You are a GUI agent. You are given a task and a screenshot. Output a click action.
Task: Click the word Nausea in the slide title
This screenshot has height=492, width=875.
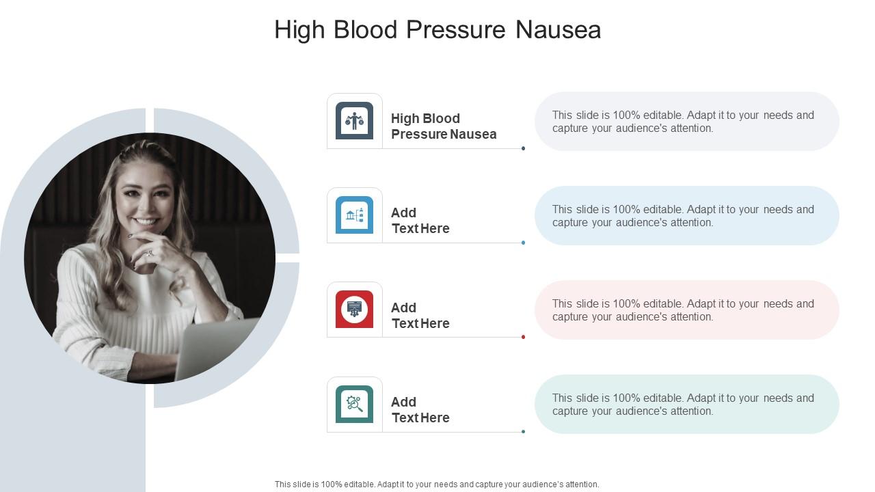tap(558, 30)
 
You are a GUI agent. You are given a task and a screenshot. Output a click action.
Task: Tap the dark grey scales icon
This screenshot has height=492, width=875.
tap(354, 121)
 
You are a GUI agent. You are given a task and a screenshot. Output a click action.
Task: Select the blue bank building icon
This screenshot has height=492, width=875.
tap(354, 215)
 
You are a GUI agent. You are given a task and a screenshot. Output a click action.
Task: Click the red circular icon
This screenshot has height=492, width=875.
tap(354, 310)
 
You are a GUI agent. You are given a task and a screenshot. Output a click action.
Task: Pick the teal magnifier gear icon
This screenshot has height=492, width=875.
tap(354, 404)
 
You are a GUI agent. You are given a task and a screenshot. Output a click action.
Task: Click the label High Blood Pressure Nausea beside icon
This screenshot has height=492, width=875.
tap(444, 126)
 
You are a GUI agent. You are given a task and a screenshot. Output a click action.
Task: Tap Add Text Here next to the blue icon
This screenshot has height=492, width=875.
tap(420, 221)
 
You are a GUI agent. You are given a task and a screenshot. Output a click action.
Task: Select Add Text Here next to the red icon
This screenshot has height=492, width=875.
tap(420, 315)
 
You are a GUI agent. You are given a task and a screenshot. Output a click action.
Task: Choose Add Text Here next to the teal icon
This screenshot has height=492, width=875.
tap(420, 409)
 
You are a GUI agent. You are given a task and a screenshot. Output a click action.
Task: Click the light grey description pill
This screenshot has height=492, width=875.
tap(686, 122)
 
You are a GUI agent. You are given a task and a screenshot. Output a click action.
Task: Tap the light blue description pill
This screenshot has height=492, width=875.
tap(686, 216)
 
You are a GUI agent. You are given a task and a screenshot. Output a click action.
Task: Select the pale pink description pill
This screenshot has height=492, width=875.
tap(686, 310)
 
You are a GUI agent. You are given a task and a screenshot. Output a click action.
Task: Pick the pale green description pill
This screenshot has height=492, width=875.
tap(686, 405)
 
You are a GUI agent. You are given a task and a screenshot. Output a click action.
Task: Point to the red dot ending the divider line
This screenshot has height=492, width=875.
tap(523, 337)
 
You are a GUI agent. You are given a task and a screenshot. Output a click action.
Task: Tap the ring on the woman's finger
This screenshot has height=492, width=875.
tap(150, 253)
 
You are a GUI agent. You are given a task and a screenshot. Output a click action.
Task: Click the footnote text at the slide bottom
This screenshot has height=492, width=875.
tap(437, 484)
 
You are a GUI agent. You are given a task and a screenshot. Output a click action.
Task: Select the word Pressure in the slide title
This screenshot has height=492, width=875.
tap(457, 30)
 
